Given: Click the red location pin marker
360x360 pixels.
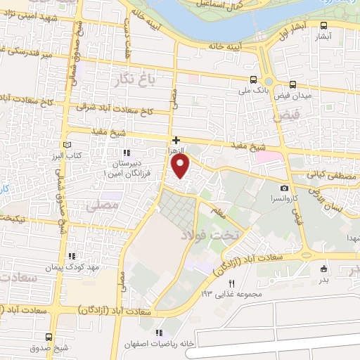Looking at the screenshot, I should point(181,166).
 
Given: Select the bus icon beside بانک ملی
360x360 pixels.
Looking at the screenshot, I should point(253,79).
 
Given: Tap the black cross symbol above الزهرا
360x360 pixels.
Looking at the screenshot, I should point(176,141).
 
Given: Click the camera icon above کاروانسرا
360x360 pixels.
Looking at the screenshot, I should point(283,188).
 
